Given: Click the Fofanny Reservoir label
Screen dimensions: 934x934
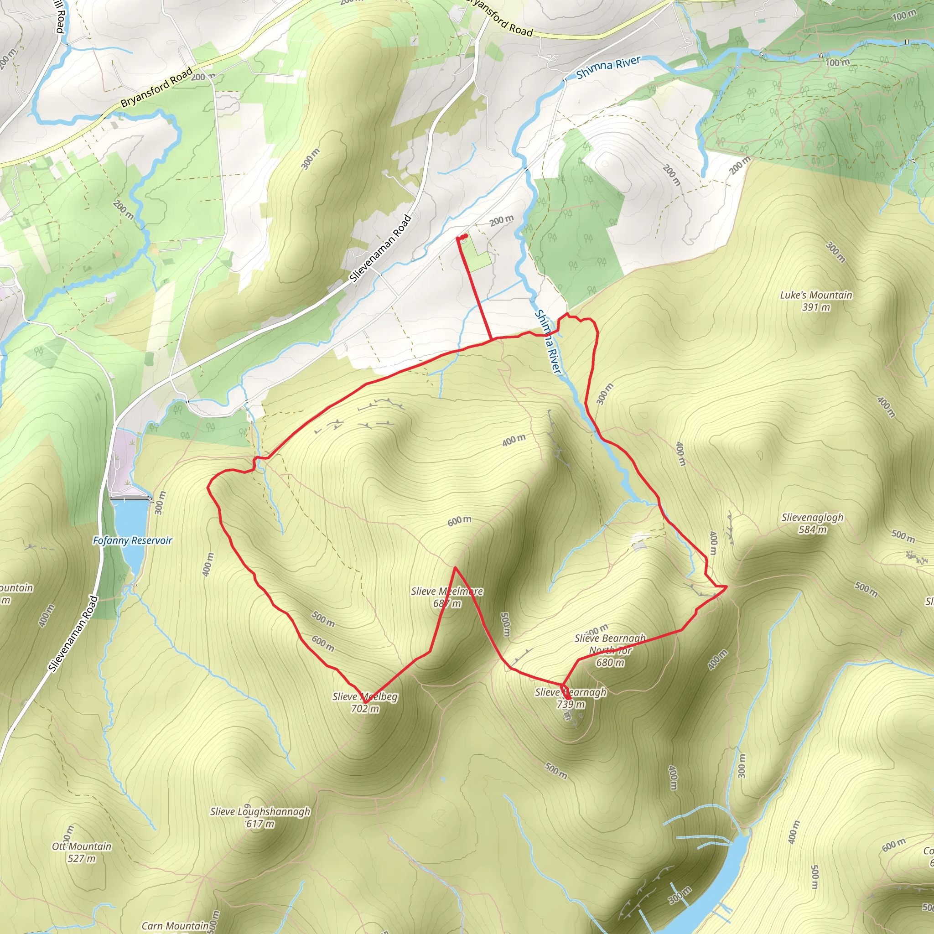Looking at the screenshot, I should point(132,540).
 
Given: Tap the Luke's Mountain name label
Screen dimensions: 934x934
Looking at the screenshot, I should point(816,295).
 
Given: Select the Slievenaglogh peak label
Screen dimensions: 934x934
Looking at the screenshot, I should point(812,518).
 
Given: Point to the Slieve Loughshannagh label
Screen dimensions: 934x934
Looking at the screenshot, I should point(260,812).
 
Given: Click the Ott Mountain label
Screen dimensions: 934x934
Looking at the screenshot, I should point(82,846).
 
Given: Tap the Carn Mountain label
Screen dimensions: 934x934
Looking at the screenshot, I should point(175,926).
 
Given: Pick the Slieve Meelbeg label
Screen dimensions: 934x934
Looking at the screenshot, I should point(365,697).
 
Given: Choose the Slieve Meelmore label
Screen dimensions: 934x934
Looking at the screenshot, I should point(447,591).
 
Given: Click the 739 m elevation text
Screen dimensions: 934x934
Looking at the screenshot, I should point(571,704).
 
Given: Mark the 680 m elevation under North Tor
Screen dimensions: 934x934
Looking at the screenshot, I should point(610,662).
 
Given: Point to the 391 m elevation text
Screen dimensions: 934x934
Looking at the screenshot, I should point(816,307).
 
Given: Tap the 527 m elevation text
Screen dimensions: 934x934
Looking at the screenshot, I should point(82,859).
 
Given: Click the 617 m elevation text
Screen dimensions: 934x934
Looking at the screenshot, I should point(260,824).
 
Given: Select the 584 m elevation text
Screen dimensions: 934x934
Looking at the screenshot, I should point(812,530).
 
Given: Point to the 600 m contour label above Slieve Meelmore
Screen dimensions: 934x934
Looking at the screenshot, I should point(459,521).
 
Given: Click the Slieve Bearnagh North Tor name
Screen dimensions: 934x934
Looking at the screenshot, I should point(610,644).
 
